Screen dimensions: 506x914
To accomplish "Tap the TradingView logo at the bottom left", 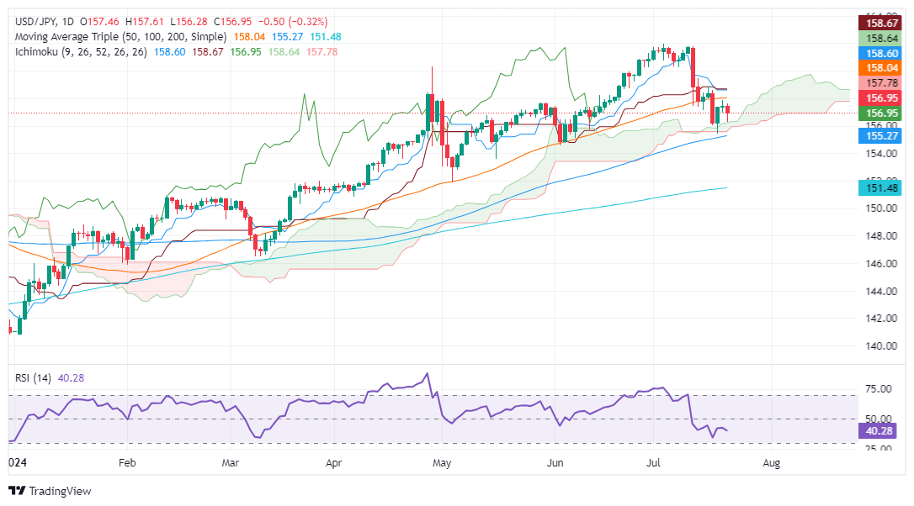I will (x=50, y=491).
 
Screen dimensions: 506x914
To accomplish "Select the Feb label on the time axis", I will (x=127, y=462).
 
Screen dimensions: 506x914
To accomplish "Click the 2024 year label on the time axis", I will (x=18, y=462).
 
